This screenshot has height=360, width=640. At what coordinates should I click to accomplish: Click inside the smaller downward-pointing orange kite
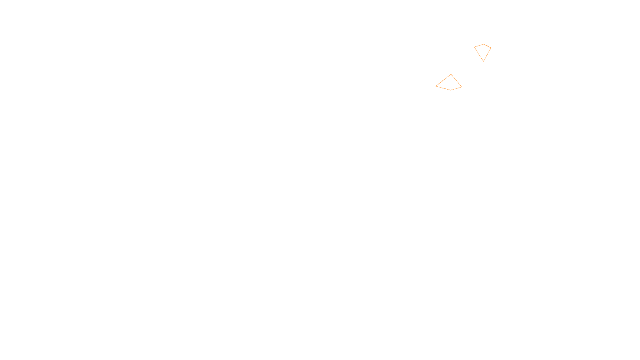coord(483,51)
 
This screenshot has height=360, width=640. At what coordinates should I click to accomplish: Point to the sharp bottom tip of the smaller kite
coord(483,61)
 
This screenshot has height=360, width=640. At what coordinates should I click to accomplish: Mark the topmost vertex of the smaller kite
coord(484,44)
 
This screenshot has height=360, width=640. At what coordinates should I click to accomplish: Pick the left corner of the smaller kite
coord(474,47)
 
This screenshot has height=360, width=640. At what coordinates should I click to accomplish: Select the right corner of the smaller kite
coord(491,48)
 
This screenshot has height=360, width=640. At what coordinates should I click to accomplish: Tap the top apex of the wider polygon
coord(451,74)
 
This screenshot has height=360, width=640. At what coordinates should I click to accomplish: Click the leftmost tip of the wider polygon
coord(436,86)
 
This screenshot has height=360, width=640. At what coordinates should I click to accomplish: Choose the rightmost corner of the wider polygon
coord(462,86)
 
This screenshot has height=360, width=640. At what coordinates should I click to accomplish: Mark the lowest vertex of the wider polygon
coord(450,90)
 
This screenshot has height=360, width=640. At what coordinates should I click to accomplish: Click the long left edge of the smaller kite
coord(479,54)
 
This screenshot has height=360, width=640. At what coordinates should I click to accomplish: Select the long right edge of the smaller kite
coord(487,54)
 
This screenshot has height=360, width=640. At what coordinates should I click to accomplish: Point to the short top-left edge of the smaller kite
coord(479,45)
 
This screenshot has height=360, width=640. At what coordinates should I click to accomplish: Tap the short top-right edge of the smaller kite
coord(488,46)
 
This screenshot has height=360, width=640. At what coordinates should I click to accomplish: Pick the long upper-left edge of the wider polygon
coord(443,80)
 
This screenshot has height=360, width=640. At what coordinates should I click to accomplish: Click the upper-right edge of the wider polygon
coord(456,80)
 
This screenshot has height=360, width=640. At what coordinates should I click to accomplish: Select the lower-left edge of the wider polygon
coord(443,88)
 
